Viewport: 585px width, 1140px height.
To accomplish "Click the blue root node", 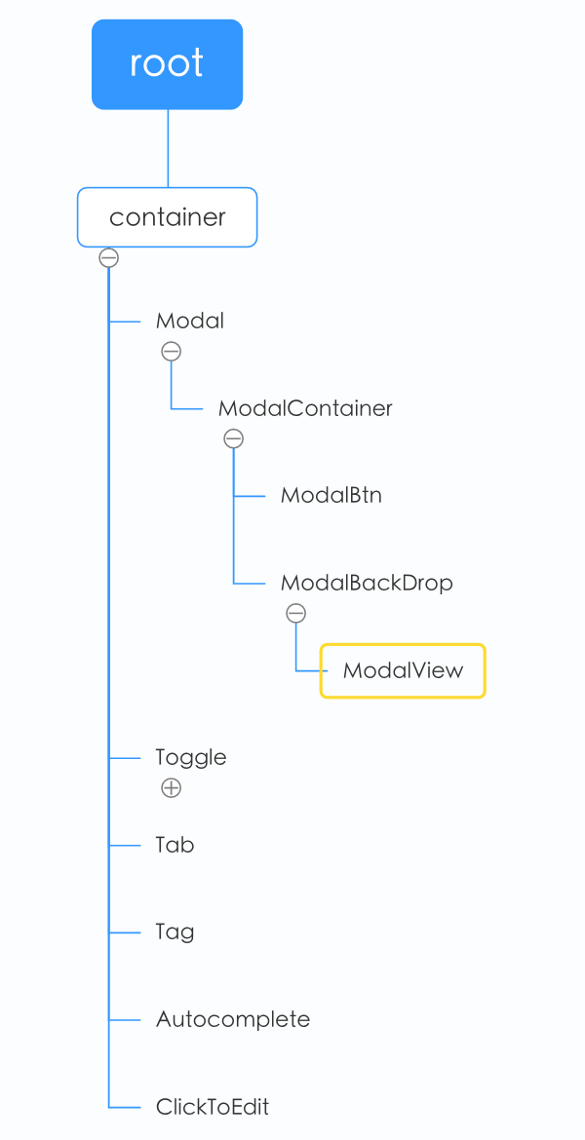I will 167,64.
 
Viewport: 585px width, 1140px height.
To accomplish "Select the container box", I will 167,217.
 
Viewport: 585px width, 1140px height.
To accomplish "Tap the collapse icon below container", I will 109,258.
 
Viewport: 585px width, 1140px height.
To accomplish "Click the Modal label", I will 190,321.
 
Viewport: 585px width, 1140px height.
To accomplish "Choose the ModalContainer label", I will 305,408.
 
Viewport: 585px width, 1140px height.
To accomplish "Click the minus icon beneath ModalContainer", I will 233,438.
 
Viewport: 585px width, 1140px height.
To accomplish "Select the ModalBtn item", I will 331,495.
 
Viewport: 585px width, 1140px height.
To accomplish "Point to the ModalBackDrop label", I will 367,583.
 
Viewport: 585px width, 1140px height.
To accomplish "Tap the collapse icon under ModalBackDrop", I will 295,613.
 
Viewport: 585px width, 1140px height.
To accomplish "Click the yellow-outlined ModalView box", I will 403,670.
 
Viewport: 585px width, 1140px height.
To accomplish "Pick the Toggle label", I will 191,757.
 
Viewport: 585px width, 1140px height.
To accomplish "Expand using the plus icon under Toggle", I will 171,788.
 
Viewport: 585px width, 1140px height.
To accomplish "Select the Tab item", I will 175,845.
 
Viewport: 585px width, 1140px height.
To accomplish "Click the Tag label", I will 175,932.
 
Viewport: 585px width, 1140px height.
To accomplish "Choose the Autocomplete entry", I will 233,1019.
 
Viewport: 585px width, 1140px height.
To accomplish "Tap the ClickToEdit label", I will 213,1107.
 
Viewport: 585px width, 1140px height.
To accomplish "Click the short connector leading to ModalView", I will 309,670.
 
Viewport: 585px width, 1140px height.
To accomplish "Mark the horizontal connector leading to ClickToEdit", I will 126,1107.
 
